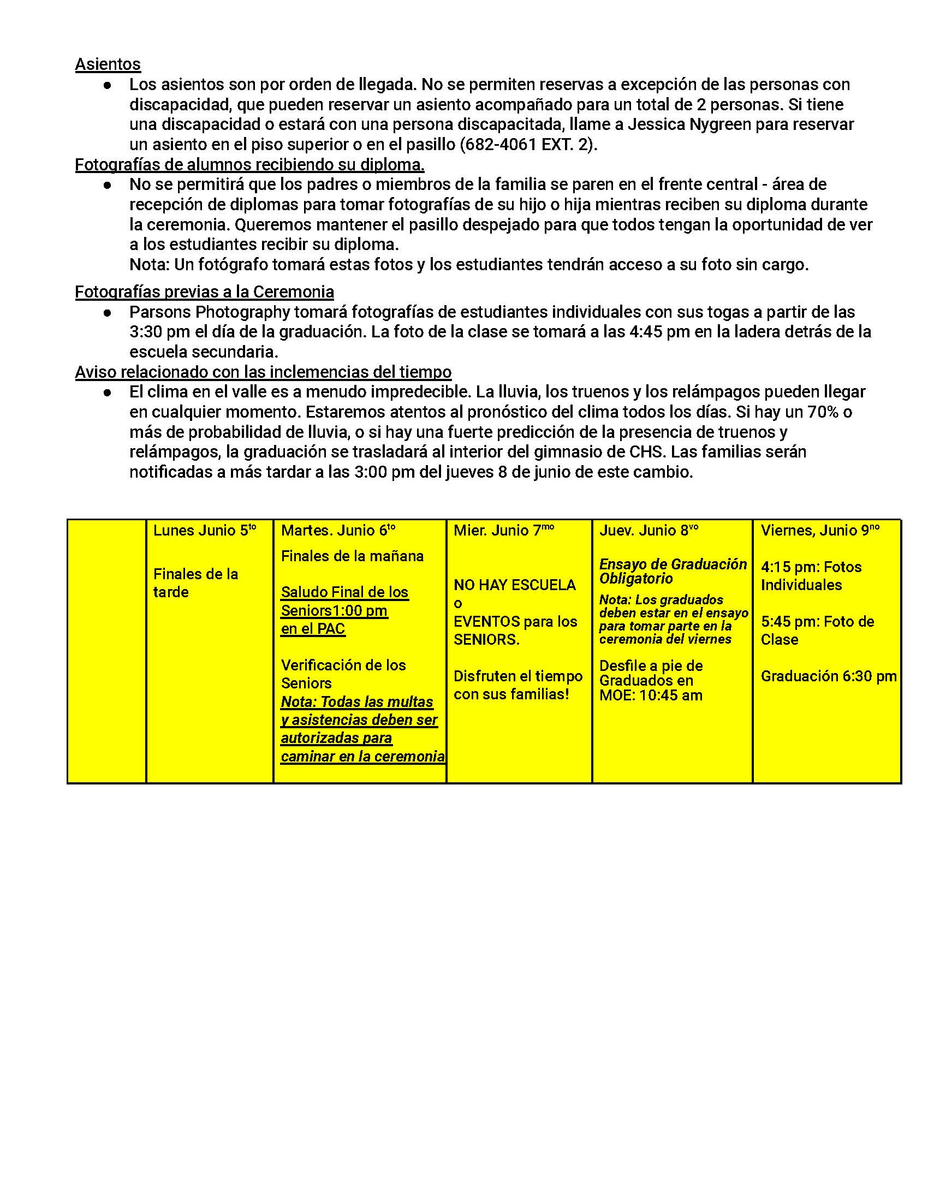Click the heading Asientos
[x=108, y=64]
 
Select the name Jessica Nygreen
[x=689, y=125]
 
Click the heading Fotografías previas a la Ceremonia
[x=205, y=292]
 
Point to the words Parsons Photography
[x=210, y=312]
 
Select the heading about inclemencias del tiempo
[x=263, y=372]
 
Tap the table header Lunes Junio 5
[x=205, y=531]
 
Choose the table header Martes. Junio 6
[x=337, y=531]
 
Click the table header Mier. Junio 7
[x=503, y=531]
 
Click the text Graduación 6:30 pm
[x=828, y=676]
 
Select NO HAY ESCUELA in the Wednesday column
[x=515, y=585]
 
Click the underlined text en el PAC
[x=313, y=628]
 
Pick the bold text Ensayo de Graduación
[x=673, y=565]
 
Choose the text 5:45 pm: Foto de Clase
[x=817, y=631]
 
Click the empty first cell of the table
[x=106, y=651]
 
